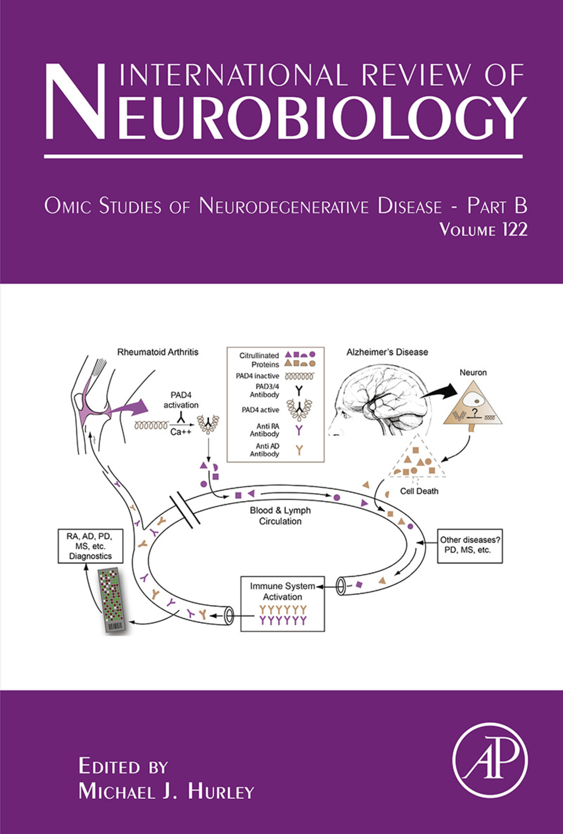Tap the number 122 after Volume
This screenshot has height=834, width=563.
515,229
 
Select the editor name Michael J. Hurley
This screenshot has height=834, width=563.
166,791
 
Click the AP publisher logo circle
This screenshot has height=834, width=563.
490,760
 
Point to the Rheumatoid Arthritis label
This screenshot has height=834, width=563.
158,352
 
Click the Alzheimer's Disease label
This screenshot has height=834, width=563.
387,352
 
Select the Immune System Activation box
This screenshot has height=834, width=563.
283,604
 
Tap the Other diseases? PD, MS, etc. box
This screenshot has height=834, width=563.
470,545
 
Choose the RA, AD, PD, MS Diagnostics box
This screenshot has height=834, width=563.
90,546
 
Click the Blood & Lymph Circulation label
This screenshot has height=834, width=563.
280,516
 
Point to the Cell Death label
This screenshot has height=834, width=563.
419,491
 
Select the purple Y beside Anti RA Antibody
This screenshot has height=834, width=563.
299,430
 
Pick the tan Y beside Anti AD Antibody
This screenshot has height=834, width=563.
299,450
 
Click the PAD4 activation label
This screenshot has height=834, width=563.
181,400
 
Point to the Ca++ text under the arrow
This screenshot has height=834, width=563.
180,432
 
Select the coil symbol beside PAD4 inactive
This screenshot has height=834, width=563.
299,376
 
